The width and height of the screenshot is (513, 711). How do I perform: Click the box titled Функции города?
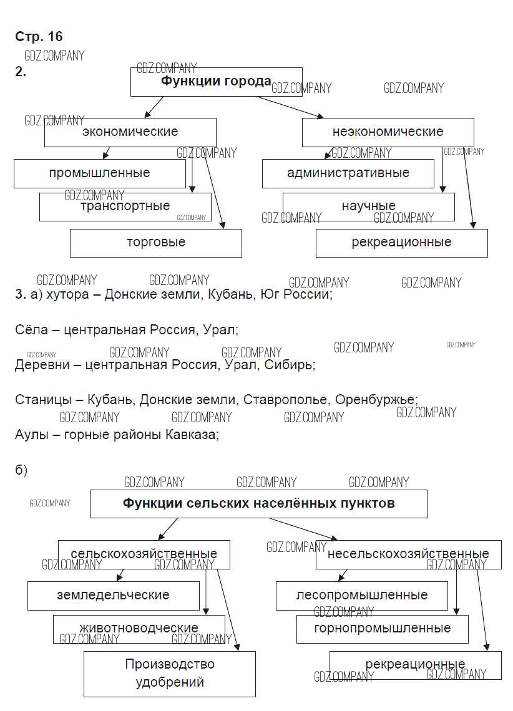[x=216, y=82]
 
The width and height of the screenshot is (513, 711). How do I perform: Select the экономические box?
[x=130, y=132]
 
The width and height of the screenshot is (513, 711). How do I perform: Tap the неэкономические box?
[x=388, y=132]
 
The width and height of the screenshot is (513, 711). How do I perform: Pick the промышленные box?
[x=100, y=173]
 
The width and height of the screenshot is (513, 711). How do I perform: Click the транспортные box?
[x=125, y=206]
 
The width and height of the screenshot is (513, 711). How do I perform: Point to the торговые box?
[x=155, y=243]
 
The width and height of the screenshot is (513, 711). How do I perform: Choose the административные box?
[x=348, y=173]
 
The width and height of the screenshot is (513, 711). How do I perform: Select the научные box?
[x=368, y=206]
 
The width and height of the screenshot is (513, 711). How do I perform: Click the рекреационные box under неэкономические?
[x=401, y=243]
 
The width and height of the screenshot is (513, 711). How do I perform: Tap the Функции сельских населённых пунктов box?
[x=258, y=503]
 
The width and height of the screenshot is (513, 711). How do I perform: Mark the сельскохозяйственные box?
[x=144, y=554]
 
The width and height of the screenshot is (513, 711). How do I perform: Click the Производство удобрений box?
[x=170, y=674]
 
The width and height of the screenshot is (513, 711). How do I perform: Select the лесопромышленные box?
[x=362, y=596]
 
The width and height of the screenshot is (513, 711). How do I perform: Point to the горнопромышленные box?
[x=382, y=629]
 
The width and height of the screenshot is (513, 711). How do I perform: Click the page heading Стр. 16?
[x=39, y=37]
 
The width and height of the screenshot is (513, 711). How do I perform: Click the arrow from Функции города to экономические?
[x=154, y=107]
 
